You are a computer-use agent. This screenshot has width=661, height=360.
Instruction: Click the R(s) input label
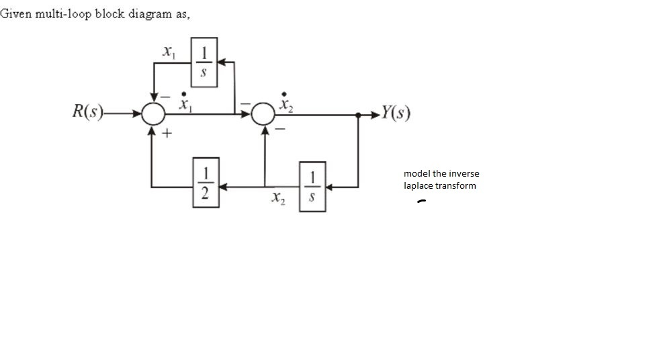87,111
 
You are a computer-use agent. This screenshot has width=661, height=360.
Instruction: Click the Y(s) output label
394,111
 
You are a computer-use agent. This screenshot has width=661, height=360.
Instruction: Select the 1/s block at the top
204,62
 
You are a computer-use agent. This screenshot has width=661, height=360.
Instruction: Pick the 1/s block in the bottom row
312,186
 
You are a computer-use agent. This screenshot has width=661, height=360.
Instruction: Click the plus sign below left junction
166,134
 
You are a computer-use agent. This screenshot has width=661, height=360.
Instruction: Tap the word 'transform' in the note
455,185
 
